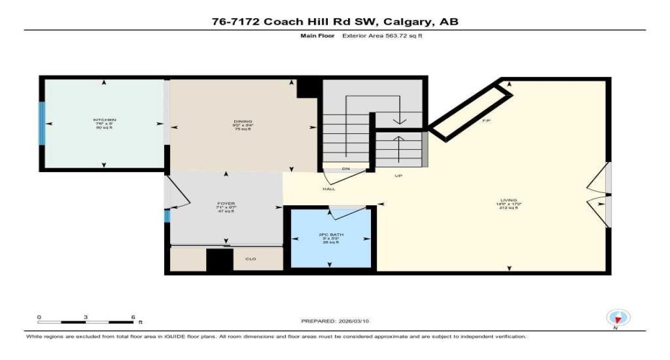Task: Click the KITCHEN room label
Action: pyautogui.click(x=104, y=120)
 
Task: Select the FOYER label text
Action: pyautogui.click(x=226, y=204)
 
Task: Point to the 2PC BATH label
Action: pyautogui.click(x=331, y=235)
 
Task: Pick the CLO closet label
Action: pyautogui.click(x=251, y=259)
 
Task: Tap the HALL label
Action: pyautogui.click(x=329, y=189)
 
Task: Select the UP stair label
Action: pyautogui.click(x=398, y=176)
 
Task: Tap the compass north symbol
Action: pyautogui.click(x=617, y=318)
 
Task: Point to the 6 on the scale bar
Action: pyautogui.click(x=133, y=317)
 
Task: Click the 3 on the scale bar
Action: pyautogui.click(x=86, y=317)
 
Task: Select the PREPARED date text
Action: pyautogui.click(x=335, y=321)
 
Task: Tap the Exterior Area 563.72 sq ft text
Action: pyautogui.click(x=381, y=35)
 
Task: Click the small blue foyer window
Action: pyautogui.click(x=166, y=215)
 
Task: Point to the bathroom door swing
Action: pyautogui.click(x=341, y=212)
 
